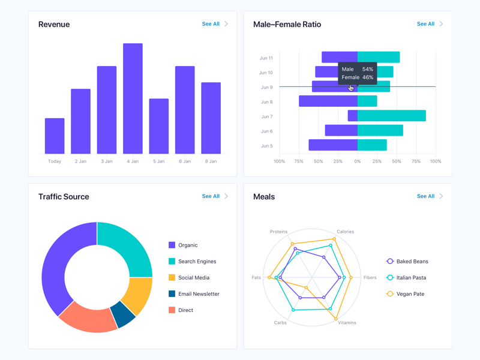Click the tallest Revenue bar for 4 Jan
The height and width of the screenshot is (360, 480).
click(x=133, y=99)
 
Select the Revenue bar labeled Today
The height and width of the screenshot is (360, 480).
click(x=55, y=136)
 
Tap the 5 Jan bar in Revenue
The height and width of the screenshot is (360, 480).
click(x=159, y=126)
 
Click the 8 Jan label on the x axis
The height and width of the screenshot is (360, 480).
click(x=211, y=161)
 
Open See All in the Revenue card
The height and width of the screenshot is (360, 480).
click(x=211, y=24)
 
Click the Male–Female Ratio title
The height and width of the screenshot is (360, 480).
click(x=287, y=25)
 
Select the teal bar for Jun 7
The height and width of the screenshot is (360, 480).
click(x=392, y=116)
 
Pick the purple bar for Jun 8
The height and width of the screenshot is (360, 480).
click(x=328, y=101)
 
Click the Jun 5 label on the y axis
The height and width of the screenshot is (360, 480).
click(x=266, y=146)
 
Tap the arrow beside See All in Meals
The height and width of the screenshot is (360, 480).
click(x=441, y=196)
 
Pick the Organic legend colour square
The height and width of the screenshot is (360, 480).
click(x=172, y=245)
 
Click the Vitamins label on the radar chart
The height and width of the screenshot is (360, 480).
click(x=347, y=323)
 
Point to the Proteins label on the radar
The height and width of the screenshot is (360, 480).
click(x=278, y=232)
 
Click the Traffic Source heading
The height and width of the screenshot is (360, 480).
click(x=64, y=197)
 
